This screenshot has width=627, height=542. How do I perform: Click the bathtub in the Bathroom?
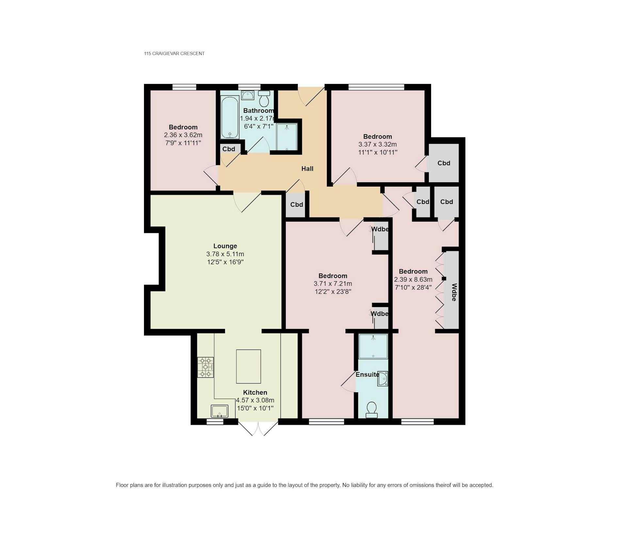pyautogui.click(x=230, y=117)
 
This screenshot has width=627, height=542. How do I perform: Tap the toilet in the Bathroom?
pyautogui.click(x=264, y=99)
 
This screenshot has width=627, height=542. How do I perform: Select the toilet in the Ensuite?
pyautogui.click(x=372, y=410)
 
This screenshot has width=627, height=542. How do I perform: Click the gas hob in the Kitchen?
pyautogui.click(x=205, y=367)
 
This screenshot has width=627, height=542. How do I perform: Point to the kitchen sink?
pyautogui.click(x=219, y=411)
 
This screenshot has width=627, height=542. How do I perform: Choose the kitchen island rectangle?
pyautogui.click(x=249, y=366)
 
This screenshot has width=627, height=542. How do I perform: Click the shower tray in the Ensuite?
pyautogui.click(x=373, y=346)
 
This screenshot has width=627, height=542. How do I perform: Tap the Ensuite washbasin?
pyautogui.click(x=383, y=379)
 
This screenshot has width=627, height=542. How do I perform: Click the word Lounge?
pyautogui.click(x=225, y=246)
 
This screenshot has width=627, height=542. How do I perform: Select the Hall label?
pyautogui.click(x=307, y=169)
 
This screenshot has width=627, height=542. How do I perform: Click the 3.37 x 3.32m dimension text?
pyautogui.click(x=378, y=144)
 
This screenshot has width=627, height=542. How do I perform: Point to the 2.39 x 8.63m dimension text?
pyautogui.click(x=413, y=279)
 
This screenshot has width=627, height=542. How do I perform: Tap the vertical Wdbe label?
pyautogui.click(x=454, y=292)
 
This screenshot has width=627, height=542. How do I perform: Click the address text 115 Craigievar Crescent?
pyautogui.click(x=174, y=54)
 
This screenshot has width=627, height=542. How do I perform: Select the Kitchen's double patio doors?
pyautogui.click(x=258, y=428)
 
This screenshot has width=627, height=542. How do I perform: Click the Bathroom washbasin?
pyautogui.click(x=248, y=95)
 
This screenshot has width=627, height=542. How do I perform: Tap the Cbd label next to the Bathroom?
pyautogui.click(x=229, y=149)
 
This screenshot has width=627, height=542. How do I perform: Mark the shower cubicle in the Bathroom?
pyautogui.click(x=287, y=137)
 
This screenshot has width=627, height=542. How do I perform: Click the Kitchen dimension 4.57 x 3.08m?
pyautogui.click(x=255, y=400)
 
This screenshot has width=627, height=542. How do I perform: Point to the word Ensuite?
pyautogui.click(x=367, y=374)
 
